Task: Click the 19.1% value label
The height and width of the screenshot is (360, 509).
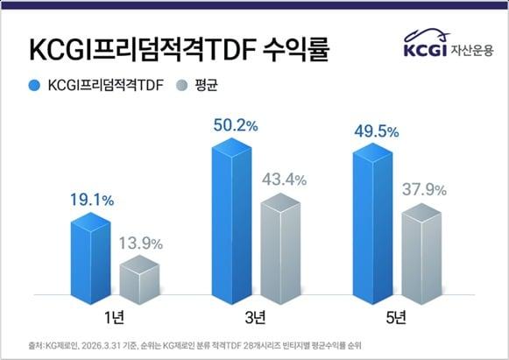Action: point(93,200)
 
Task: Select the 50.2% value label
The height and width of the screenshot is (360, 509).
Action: point(235,126)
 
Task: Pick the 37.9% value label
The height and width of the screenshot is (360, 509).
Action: point(424,189)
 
